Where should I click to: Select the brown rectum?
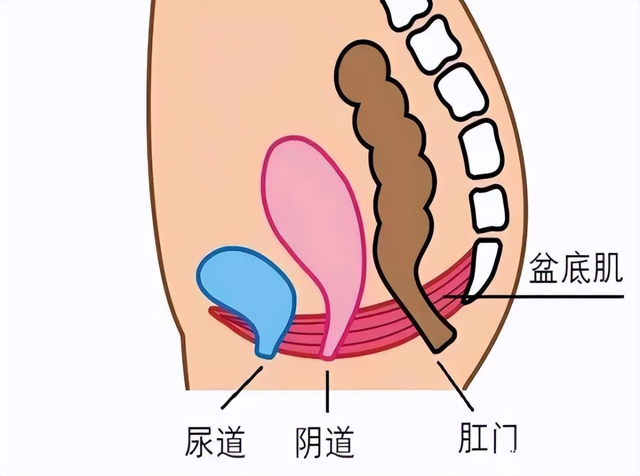click(394, 172)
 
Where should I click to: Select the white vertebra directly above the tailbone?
click(489, 208)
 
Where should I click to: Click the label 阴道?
click(325, 441)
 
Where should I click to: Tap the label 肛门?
click(488, 438)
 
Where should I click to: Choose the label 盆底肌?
click(575, 269)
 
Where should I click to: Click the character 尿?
click(199, 441)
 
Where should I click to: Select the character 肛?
click(471, 438)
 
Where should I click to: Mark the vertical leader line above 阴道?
click(327, 392)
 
